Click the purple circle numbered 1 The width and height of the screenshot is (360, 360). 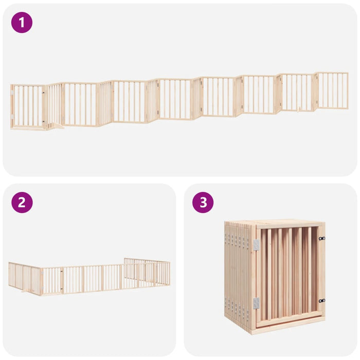[22, 23]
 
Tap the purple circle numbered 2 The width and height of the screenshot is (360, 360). [22, 203]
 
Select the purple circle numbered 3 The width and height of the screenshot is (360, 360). [203, 203]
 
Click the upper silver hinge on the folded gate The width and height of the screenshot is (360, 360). [256, 245]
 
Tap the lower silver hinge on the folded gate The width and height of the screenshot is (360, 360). [256, 303]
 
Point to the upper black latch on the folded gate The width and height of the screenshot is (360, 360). [322, 239]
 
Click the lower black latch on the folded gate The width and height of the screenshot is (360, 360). [322, 300]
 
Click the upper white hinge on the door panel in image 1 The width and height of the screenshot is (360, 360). [12, 93]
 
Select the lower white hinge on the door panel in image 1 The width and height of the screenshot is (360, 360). [12, 117]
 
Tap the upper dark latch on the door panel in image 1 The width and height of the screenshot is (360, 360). [43, 93]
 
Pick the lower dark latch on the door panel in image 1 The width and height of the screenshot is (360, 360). [43, 121]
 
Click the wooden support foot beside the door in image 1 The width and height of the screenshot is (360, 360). [55, 126]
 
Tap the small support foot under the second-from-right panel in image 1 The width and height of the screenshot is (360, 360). [298, 110]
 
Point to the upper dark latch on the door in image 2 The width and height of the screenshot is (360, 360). [62, 272]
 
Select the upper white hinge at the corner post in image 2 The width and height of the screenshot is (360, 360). [43, 274]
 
